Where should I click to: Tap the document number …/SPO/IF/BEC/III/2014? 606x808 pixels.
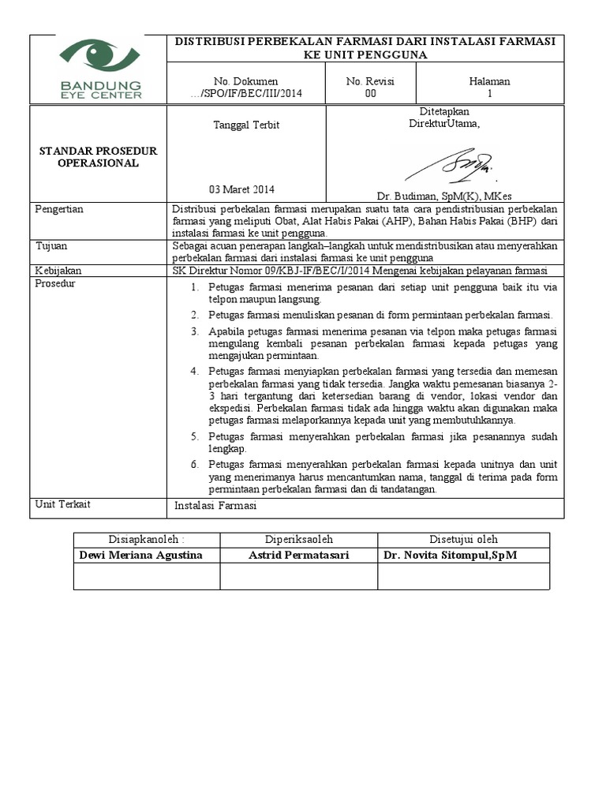click(246, 93)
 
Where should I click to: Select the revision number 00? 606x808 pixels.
click(370, 93)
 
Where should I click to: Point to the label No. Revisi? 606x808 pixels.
click(370, 81)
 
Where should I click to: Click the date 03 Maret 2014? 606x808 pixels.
click(241, 189)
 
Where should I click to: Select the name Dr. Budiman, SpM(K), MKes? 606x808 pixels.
click(443, 195)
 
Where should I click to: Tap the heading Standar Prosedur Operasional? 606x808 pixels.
click(99, 156)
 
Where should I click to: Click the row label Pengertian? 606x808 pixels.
click(60, 209)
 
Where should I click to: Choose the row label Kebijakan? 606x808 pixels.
click(58, 271)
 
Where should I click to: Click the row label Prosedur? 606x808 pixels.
click(55, 283)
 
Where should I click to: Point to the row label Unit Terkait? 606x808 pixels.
click(62, 504)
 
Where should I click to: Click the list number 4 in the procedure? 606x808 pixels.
click(194, 370)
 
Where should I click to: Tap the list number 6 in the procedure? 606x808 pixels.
click(194, 464)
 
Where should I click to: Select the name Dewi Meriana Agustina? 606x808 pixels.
click(141, 555)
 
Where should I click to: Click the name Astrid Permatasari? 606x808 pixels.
click(299, 555)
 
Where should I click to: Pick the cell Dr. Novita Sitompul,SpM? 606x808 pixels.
click(451, 555)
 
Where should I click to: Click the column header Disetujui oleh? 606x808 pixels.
click(463, 540)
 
